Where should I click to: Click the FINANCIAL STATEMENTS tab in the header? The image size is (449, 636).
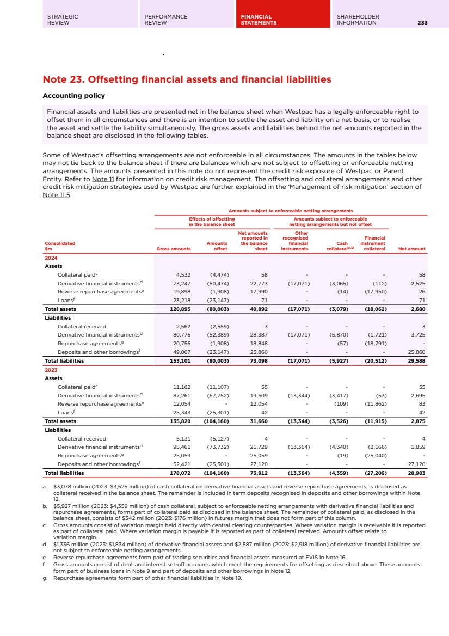point(259,20)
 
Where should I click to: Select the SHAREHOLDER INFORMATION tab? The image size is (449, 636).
point(358,20)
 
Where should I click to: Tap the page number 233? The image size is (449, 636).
point(422,23)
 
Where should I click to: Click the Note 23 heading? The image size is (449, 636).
point(187,79)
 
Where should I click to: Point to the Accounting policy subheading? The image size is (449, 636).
point(73,96)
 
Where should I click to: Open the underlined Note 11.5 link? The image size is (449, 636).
point(56,195)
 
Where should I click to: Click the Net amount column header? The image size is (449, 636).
point(411,249)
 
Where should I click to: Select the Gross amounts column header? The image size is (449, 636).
point(173,249)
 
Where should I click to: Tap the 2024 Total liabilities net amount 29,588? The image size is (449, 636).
point(416,360)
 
